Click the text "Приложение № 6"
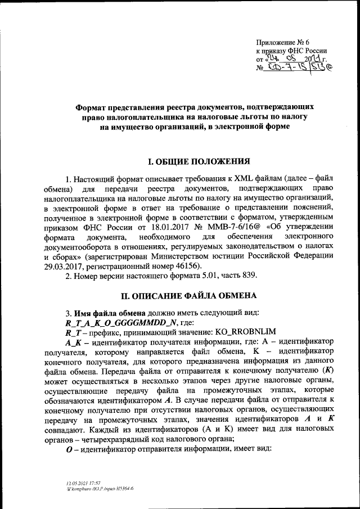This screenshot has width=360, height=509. tap(282, 42)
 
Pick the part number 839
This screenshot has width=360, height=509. tap(249, 276)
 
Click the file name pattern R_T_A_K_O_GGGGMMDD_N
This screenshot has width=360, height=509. tap(118, 323)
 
